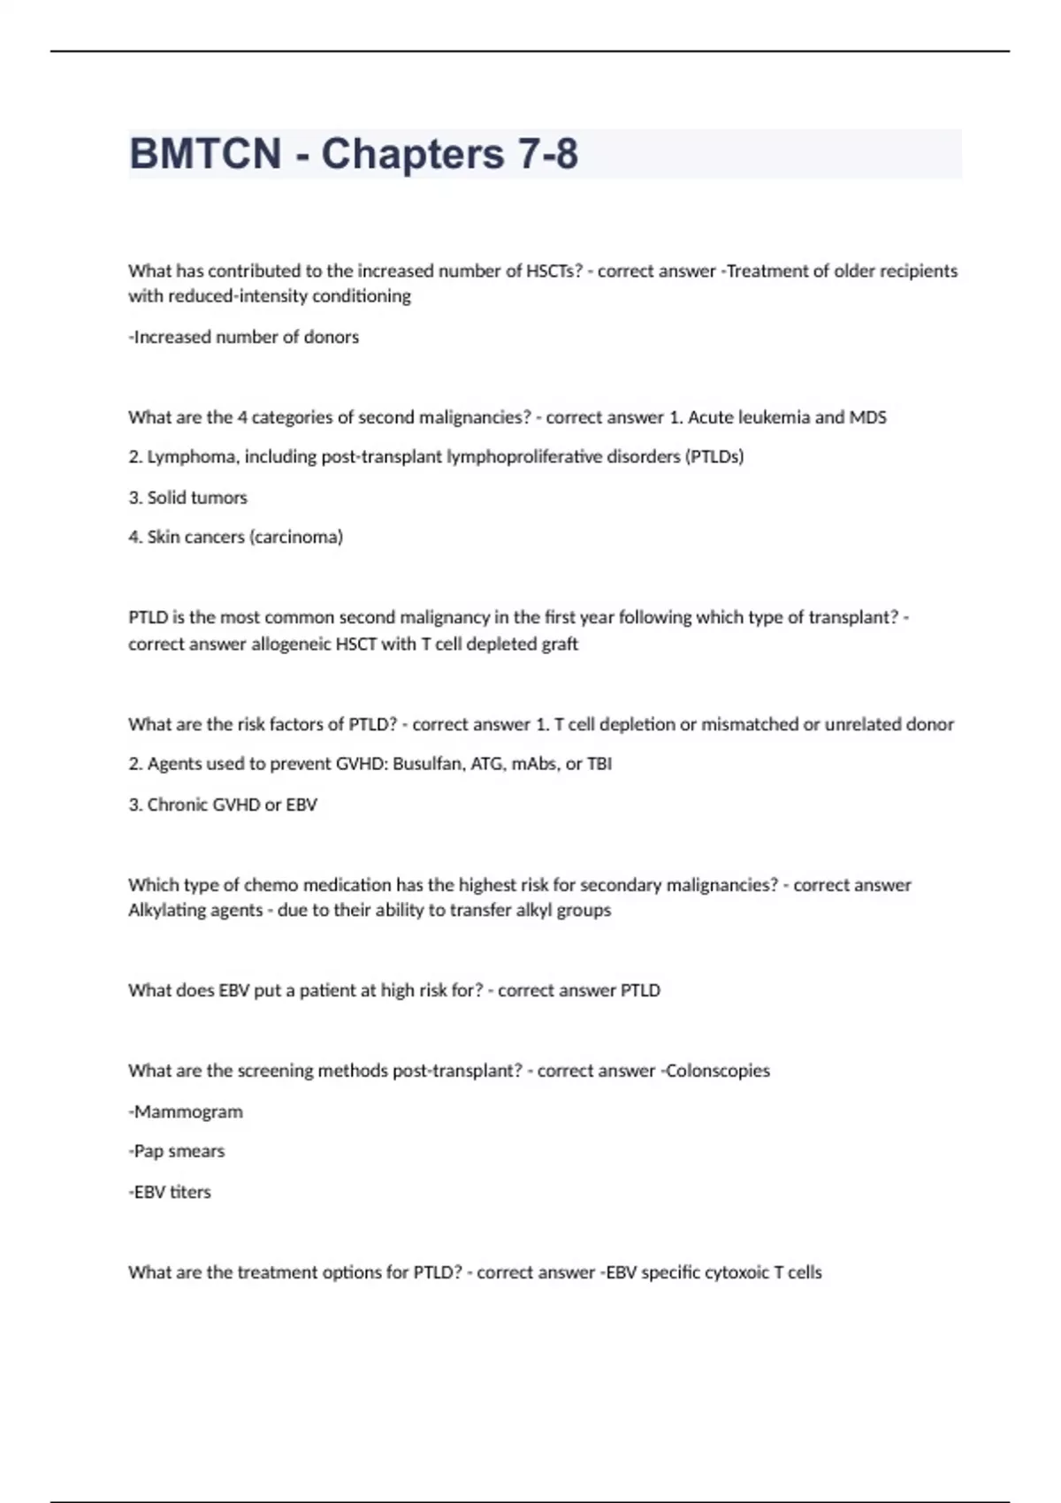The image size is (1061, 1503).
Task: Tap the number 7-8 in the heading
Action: coord(548,154)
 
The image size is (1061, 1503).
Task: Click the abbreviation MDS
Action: coord(867,417)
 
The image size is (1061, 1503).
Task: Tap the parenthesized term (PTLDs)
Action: coord(714,457)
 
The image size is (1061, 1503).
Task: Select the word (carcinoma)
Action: coord(297,537)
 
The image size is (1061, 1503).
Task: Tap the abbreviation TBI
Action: coord(599,764)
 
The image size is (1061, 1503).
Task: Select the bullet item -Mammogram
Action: coord(186,1111)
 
